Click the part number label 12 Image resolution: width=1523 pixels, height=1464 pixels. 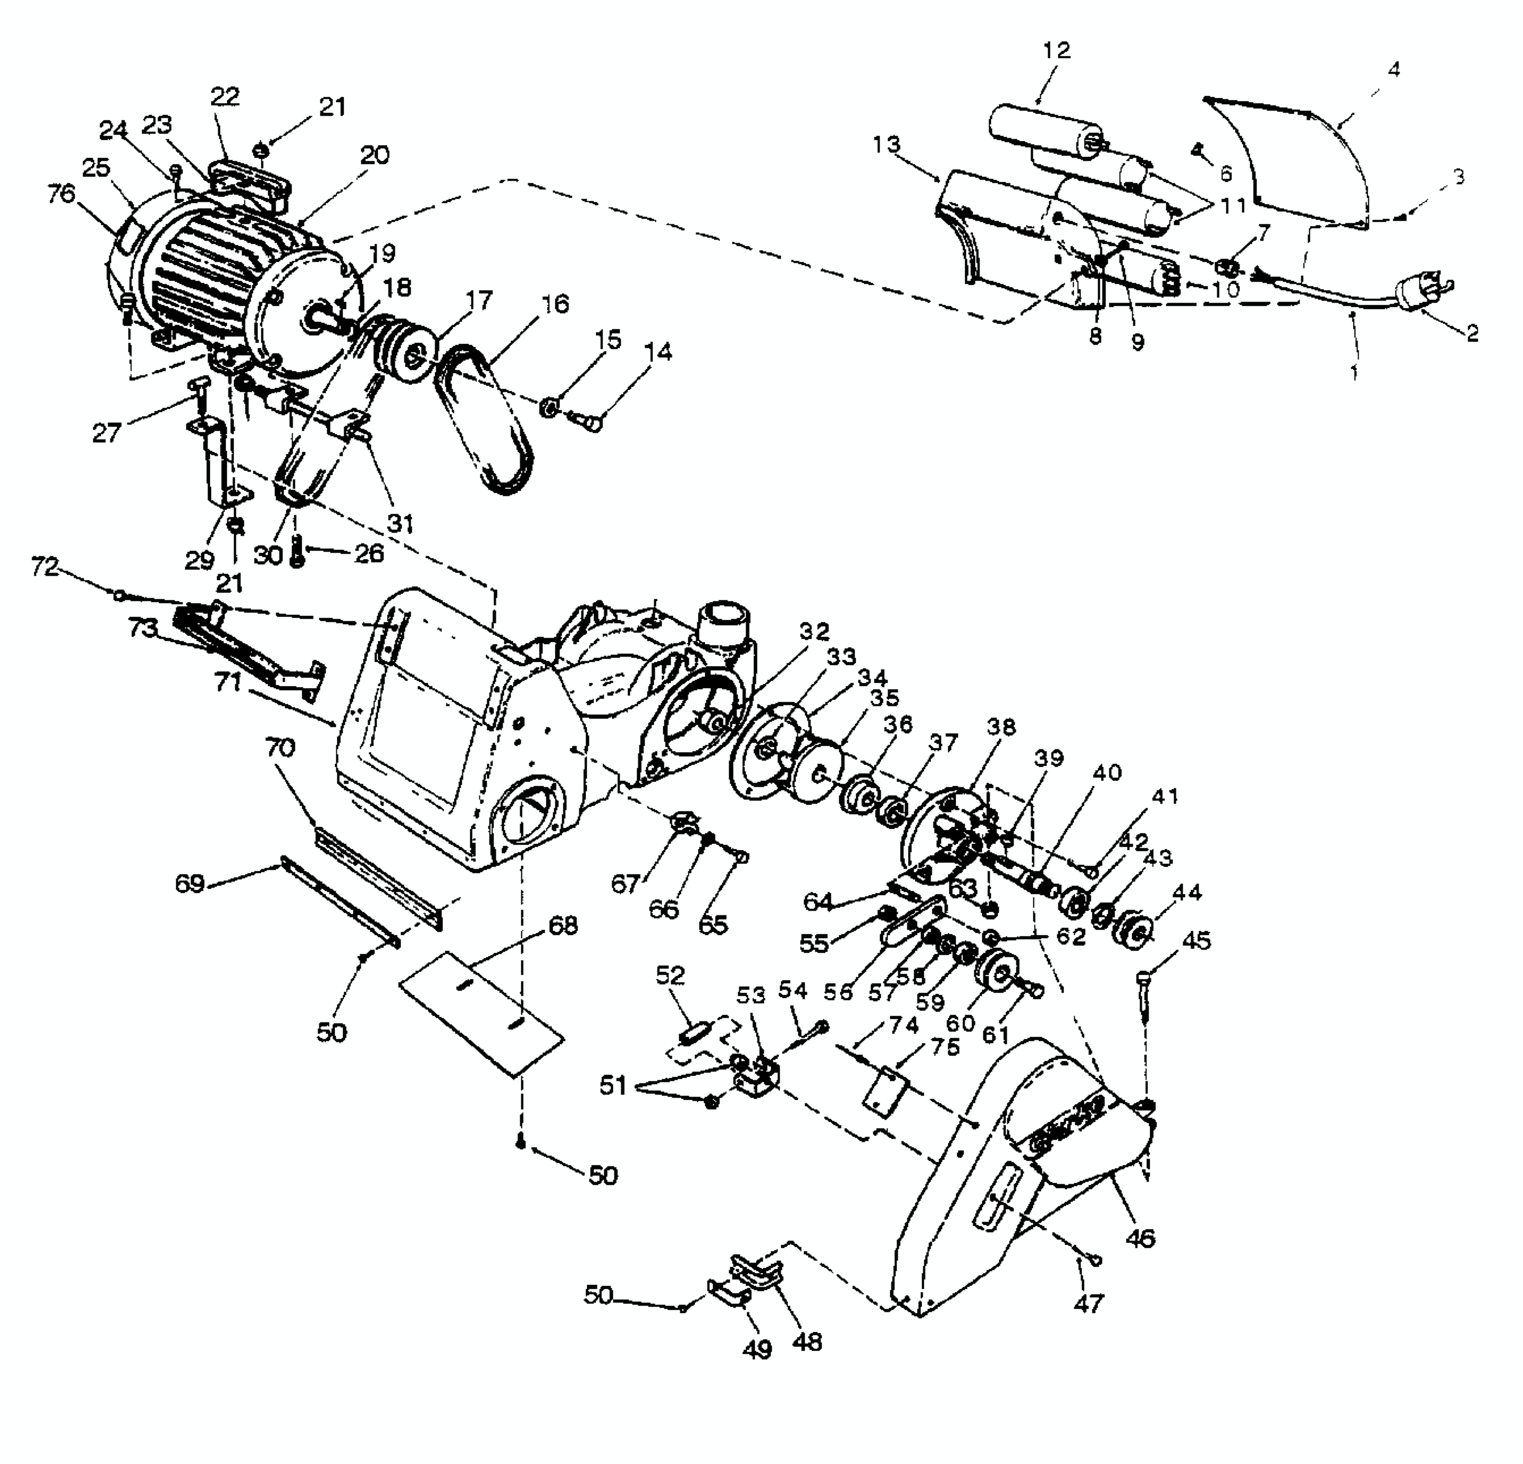[1056, 50]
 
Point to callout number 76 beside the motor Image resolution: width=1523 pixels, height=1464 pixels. [61, 193]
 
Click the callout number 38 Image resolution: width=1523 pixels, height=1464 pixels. [1001, 728]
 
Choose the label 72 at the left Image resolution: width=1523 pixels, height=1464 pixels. [45, 567]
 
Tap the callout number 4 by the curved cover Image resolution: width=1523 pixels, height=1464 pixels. [1393, 70]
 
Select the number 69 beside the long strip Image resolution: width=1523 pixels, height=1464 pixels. [190, 884]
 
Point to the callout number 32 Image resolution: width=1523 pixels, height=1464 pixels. [814, 631]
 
